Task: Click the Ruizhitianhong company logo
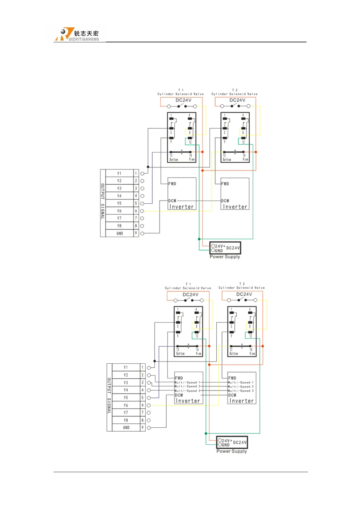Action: [x=77, y=34]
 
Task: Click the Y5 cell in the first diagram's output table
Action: [x=119, y=203]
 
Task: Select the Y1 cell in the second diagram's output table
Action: [x=126, y=368]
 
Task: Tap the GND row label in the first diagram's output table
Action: [x=120, y=233]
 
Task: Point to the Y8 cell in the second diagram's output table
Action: [x=126, y=420]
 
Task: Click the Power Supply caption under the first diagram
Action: [x=225, y=257]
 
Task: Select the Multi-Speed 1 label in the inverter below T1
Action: [x=187, y=382]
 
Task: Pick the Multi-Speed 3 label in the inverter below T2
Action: [x=241, y=391]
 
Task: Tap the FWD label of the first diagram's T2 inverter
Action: [x=225, y=184]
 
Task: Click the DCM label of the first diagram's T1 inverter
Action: [x=172, y=201]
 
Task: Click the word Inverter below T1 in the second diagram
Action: [x=188, y=401]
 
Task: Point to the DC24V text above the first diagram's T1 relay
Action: [x=183, y=100]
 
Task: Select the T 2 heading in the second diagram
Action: [x=242, y=284]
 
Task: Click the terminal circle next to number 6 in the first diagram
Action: [x=142, y=211]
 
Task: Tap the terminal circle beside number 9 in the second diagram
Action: [x=149, y=428]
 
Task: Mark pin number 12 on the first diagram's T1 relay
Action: [x=190, y=142]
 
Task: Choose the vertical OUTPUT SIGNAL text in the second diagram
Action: [x=109, y=396]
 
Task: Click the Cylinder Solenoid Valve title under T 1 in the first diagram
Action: [x=180, y=94]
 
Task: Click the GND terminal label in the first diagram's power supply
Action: [x=219, y=251]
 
